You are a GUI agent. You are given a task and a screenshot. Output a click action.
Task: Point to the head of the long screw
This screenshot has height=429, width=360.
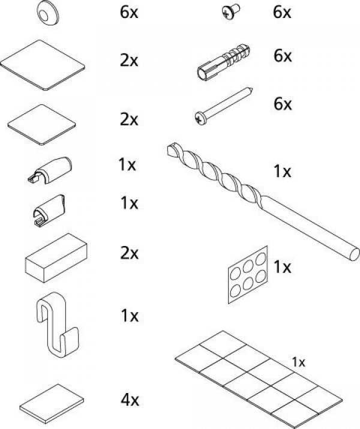tap(200, 118)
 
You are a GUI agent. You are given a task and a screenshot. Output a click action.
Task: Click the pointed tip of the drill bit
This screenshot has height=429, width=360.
tap(166, 146)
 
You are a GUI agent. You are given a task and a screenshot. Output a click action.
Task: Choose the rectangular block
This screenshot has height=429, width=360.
tap(55, 257)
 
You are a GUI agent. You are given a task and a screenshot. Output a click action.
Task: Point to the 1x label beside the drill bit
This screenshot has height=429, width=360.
tap(282, 172)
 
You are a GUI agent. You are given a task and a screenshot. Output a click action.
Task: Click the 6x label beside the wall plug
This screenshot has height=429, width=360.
tap(282, 56)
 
